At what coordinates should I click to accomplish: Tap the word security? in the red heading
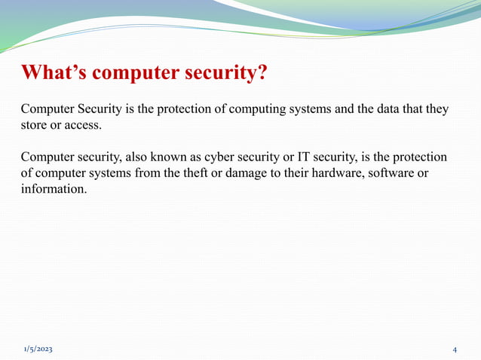[x=225, y=73]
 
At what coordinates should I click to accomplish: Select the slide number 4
[x=455, y=350]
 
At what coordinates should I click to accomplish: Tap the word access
[x=83, y=125]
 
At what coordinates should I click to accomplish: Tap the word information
[x=54, y=190]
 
